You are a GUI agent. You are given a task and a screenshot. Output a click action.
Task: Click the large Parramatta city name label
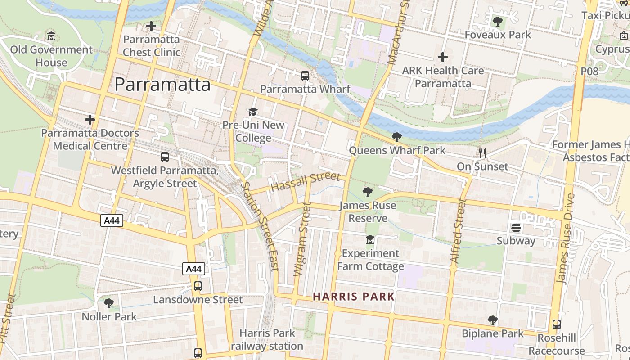[x=162, y=84]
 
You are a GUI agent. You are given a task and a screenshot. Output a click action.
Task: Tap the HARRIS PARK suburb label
[x=354, y=297]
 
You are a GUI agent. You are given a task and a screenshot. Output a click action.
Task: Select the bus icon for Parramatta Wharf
[x=305, y=76]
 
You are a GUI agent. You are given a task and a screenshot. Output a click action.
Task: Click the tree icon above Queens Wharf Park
[x=396, y=137]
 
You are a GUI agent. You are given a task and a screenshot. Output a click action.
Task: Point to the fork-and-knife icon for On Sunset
[x=482, y=153]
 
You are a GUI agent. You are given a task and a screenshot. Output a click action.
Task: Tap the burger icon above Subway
[x=516, y=228]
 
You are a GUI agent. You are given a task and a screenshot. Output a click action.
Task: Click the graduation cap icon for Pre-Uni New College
[x=253, y=112]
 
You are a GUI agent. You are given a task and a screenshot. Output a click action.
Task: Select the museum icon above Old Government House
[x=51, y=36]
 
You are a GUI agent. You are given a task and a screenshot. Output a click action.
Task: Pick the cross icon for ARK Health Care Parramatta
[x=443, y=57]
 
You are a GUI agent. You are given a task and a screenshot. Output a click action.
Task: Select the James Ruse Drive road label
[x=566, y=238]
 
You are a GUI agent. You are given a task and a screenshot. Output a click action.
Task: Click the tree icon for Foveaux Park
[x=498, y=21]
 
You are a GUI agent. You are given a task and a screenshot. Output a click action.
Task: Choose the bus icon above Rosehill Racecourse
[x=557, y=324]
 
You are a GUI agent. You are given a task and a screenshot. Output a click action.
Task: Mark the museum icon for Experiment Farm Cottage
[x=370, y=240]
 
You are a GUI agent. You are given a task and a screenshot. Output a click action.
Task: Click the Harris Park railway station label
[x=267, y=340]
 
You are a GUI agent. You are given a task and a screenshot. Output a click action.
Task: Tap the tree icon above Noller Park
[x=109, y=303]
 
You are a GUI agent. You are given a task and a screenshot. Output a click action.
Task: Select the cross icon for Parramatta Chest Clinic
[x=151, y=26]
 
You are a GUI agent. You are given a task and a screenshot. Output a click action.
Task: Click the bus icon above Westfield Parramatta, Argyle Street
[x=165, y=157]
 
